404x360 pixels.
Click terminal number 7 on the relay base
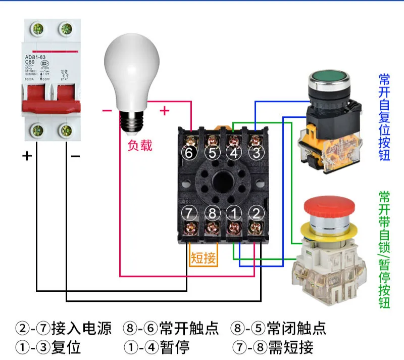(189, 213)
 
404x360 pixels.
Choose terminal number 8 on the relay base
(212, 213)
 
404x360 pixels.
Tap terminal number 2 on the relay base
(257, 213)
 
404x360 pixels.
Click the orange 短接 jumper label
(204, 258)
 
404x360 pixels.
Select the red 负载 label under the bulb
(139, 145)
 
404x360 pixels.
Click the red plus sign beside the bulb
(165, 110)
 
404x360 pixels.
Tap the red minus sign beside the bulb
(107, 110)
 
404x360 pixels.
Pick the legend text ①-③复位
(48, 347)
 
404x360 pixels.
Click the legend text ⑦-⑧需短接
(273, 347)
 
